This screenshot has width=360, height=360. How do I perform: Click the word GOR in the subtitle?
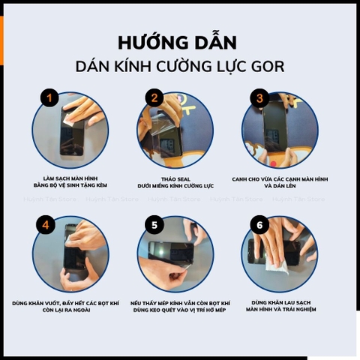point(266,66)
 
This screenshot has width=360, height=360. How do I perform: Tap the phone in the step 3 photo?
point(274,127)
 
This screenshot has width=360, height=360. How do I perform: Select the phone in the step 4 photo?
point(73,251)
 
